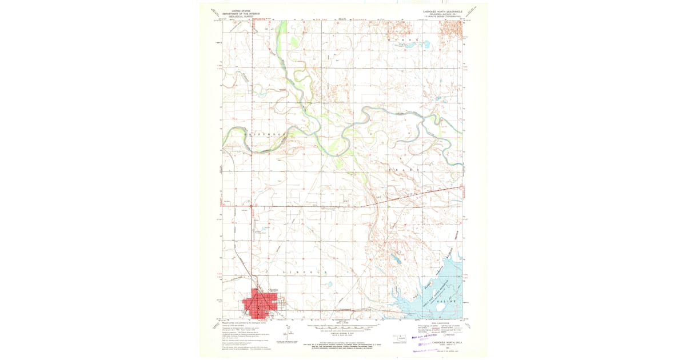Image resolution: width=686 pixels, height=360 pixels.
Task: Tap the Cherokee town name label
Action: pyautogui.click(x=265, y=289)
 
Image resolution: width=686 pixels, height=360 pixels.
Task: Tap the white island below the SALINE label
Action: pyautogui.click(x=441, y=307)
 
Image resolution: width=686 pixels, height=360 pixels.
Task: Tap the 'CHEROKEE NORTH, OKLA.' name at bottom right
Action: pyautogui.click(x=450, y=342)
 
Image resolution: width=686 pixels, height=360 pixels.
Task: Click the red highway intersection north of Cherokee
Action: pyautogui.click(x=251, y=205)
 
